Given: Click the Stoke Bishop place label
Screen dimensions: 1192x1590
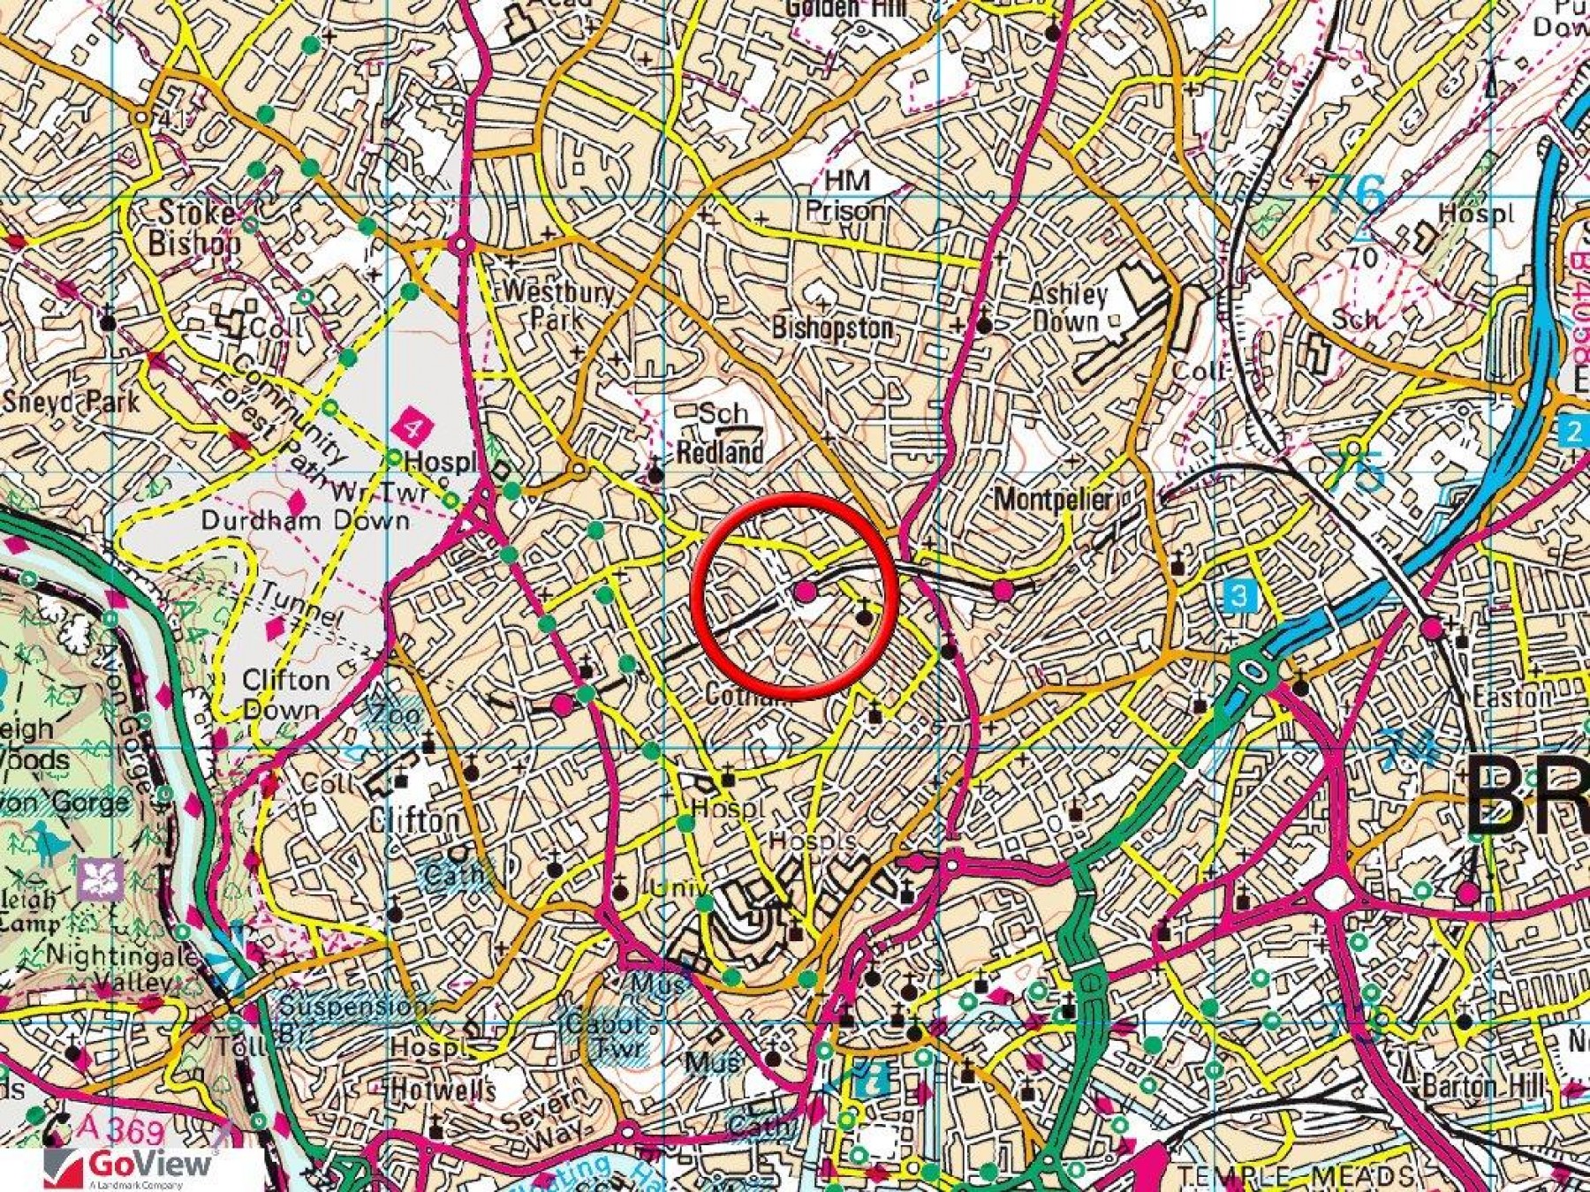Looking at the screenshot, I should coord(194,228).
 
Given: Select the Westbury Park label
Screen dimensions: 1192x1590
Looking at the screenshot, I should coord(558,305).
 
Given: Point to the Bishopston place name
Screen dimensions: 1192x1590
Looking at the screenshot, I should coord(832,328).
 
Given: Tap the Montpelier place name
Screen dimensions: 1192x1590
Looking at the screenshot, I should coord(1052,499).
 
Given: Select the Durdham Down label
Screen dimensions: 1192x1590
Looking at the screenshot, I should coord(305,520).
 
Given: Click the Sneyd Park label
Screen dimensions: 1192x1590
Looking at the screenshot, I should coord(71,402).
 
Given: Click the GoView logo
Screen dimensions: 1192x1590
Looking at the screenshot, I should coord(128,1166).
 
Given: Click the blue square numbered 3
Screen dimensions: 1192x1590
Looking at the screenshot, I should coord(1238,595).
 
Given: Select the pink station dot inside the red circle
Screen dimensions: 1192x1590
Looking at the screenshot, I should coord(805,592).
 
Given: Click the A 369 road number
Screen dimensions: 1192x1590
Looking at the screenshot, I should coord(120,1129).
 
